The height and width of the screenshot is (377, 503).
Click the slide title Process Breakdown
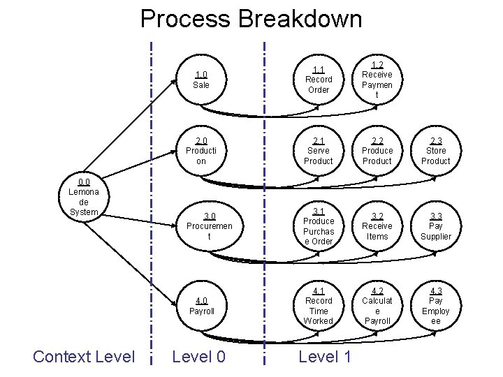[x=251, y=18]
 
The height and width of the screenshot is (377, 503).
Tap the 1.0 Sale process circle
[x=201, y=80]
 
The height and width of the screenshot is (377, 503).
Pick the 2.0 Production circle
[x=201, y=150]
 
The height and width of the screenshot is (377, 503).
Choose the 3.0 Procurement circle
[x=210, y=226]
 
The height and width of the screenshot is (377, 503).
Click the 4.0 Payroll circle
[x=201, y=306]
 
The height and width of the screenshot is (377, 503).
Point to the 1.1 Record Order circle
[x=319, y=80]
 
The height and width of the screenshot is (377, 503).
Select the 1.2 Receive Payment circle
[x=377, y=80]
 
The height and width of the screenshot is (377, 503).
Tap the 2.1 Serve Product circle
[x=319, y=150]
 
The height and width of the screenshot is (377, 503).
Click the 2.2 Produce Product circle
[x=377, y=150]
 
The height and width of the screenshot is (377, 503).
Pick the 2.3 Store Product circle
[x=436, y=150]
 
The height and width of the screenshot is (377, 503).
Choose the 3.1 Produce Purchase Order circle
[x=319, y=226]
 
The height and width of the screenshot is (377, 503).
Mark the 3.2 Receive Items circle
[x=377, y=226]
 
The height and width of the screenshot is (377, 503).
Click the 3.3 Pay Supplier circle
[x=436, y=226]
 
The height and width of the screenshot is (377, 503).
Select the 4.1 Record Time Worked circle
[x=319, y=306]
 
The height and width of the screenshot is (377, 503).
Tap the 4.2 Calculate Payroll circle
[x=377, y=306]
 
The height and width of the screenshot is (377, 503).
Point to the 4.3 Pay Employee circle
[x=436, y=306]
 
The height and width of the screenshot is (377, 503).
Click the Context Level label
[x=84, y=357]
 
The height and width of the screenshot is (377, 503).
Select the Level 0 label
[x=198, y=357]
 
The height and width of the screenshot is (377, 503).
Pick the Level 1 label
[x=324, y=357]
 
